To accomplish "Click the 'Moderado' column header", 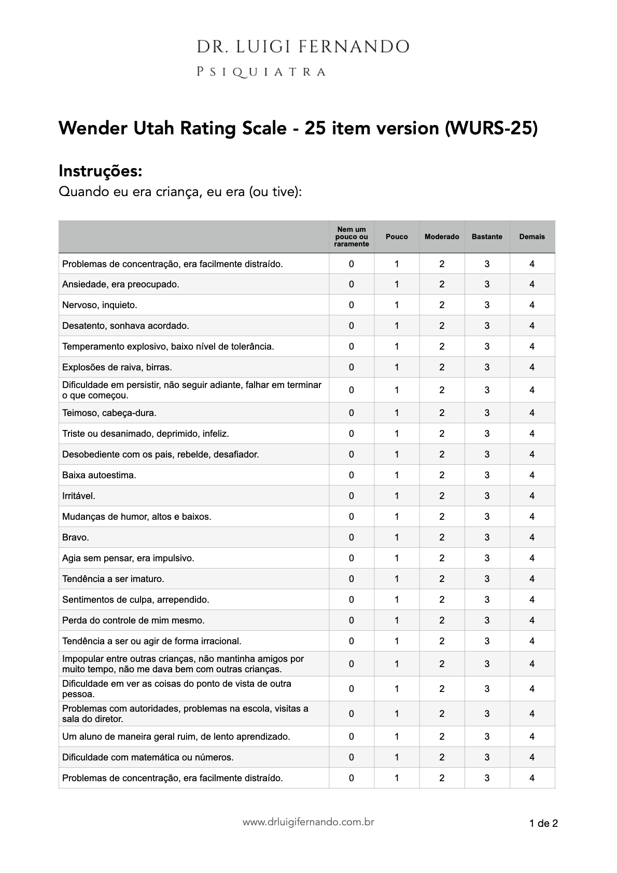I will pos(442,237).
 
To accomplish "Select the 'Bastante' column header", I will pos(487,237).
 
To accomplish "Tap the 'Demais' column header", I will pos(532,237).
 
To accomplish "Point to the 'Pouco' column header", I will pos(397,237).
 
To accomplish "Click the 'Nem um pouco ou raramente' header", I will pos(352,237).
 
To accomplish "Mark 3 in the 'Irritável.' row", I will pos(487,496).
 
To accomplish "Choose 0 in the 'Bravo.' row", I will pos(352,537).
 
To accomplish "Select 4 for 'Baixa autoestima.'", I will pos(532,475).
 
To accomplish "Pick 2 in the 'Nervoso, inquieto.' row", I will pos(442,305).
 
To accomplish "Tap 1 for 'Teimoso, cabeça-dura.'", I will pos(397,413).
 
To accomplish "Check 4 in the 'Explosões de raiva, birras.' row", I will pos(532,367).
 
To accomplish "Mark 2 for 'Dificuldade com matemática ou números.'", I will pos(442,757).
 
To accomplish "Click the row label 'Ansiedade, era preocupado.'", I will pos(120,284).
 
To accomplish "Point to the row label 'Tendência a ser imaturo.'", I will pos(113,579).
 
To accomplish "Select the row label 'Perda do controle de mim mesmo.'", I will pos(133,620).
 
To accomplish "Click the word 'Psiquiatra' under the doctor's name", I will pos(261,72).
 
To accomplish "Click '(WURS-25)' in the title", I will pos(491,128).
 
